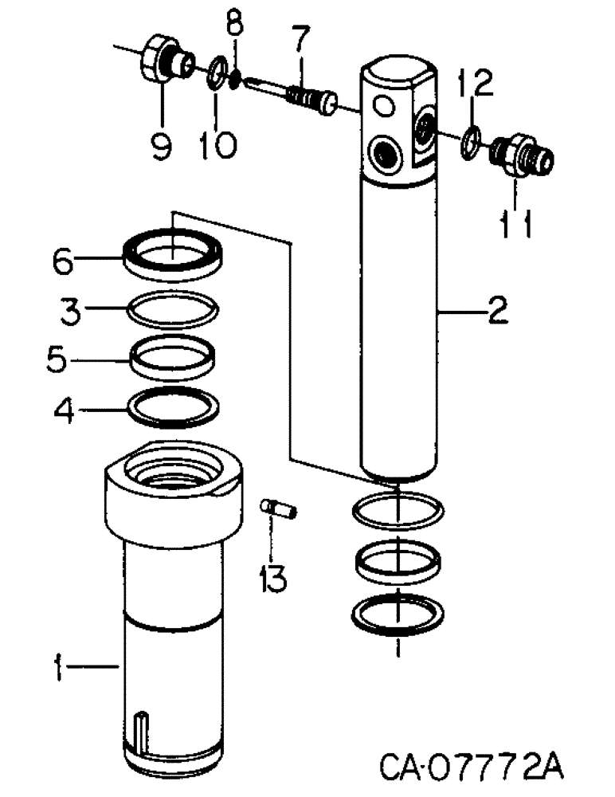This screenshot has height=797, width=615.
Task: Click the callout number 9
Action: click(x=162, y=145)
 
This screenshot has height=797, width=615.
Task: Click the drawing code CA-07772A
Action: click(x=472, y=769)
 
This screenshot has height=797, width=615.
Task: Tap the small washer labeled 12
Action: click(x=471, y=141)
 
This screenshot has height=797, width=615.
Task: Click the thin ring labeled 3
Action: click(x=173, y=311)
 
